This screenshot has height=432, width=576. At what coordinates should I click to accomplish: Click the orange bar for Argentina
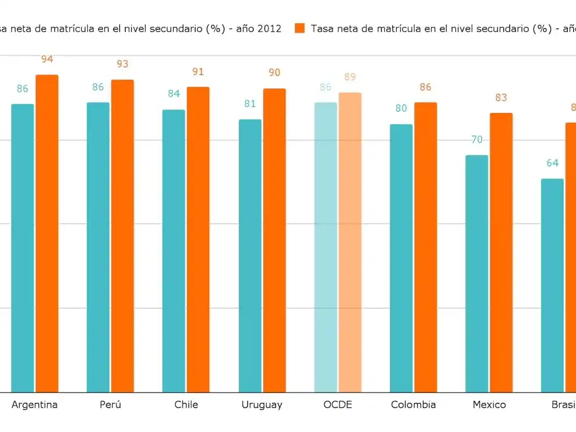[x=47, y=233]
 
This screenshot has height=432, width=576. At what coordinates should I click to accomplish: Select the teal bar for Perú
[x=98, y=247]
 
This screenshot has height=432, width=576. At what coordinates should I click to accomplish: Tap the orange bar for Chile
[x=198, y=239]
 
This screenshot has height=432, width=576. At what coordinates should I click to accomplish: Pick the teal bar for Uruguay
[x=250, y=256]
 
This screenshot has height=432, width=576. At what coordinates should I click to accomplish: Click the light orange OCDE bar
[x=350, y=242]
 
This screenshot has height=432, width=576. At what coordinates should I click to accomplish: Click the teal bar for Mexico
[x=477, y=274]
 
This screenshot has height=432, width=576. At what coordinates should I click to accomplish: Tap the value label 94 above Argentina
[x=47, y=59]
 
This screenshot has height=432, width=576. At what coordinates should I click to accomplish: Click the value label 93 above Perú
[x=122, y=64]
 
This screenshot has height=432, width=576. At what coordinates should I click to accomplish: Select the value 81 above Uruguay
[x=250, y=104]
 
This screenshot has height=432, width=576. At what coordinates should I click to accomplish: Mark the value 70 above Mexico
[x=477, y=140]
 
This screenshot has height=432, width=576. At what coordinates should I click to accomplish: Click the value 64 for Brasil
[x=552, y=163]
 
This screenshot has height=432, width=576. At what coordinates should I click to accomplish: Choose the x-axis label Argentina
[x=35, y=405]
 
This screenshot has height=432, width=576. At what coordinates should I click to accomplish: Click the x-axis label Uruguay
[x=262, y=405]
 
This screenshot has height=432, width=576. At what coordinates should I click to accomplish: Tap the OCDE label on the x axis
[x=338, y=405]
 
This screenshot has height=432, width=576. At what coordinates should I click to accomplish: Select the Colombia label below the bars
[x=414, y=405]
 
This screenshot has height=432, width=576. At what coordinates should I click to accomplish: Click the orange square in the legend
[x=300, y=29]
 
